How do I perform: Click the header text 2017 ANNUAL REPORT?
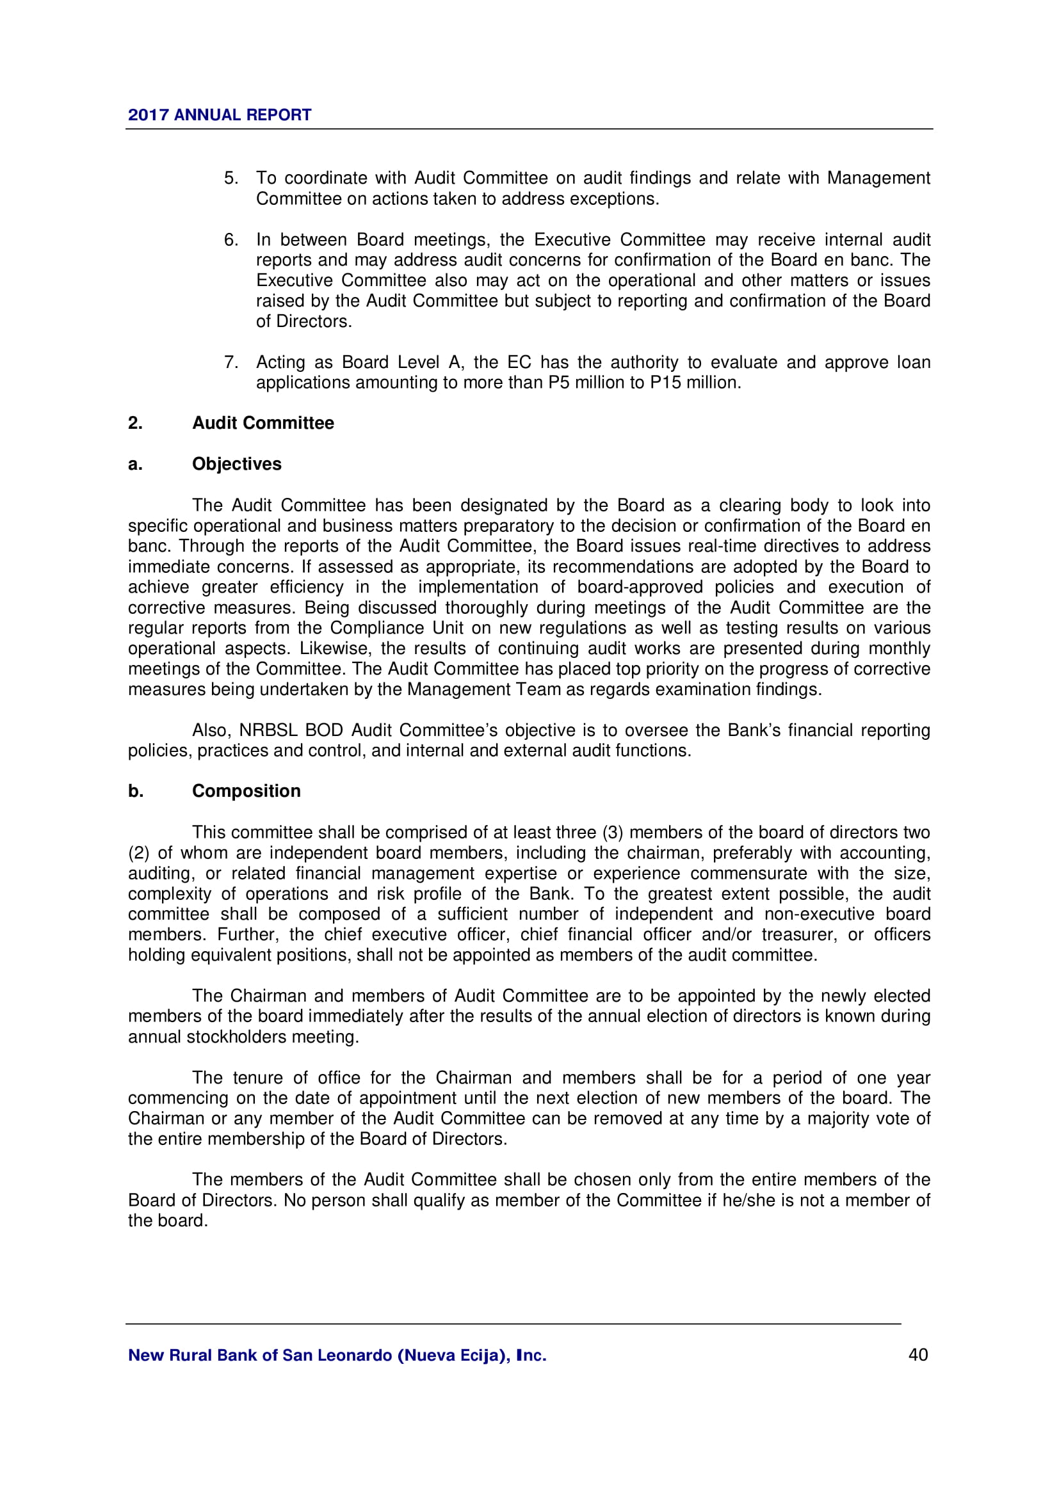[x=219, y=115]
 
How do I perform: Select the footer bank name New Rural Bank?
[x=337, y=1355]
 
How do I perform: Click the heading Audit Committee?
[x=263, y=423]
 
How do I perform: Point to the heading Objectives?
[x=237, y=464]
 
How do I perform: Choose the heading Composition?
[x=247, y=791]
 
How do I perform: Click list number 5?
[x=231, y=178]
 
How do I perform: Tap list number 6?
[x=231, y=240]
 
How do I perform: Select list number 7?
[x=231, y=362]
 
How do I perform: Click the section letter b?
[x=135, y=791]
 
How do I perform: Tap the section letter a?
[x=134, y=464]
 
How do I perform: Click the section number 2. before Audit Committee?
[x=135, y=423]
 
